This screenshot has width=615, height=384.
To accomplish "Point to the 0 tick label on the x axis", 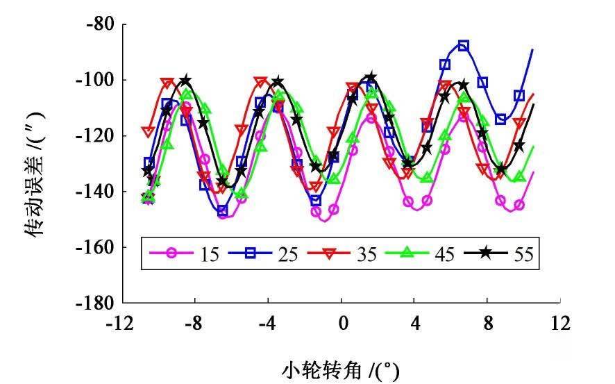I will click(342, 323).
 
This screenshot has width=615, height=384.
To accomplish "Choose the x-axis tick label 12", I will click(560, 323).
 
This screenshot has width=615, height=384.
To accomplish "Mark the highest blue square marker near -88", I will click(464, 46).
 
